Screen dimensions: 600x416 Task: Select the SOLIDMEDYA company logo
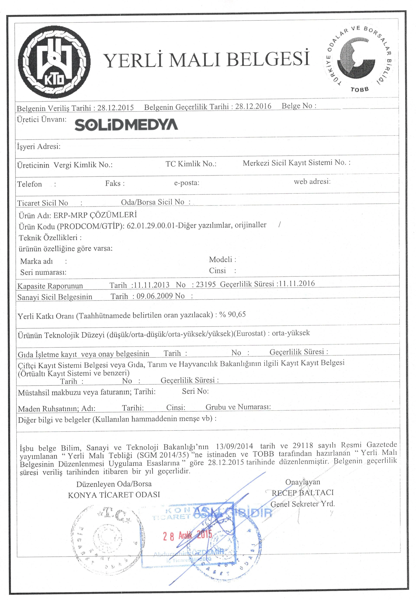126,125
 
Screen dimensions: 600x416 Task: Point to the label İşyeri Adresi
39,146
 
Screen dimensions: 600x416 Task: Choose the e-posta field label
187,183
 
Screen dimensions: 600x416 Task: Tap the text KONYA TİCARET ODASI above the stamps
114,495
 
